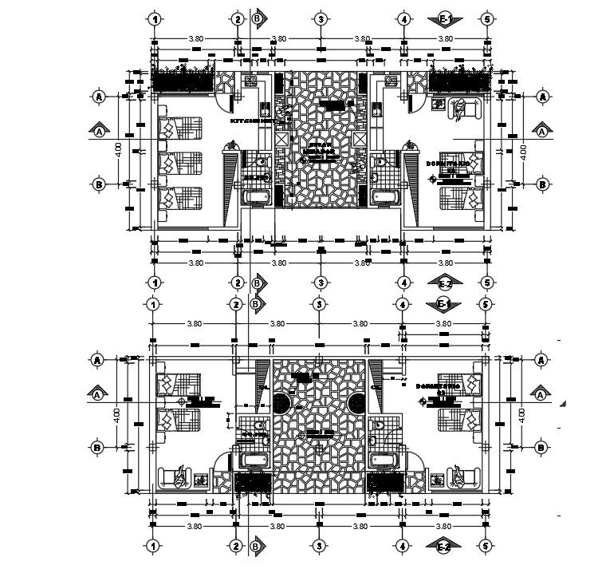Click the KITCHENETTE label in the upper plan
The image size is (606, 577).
(x=249, y=121)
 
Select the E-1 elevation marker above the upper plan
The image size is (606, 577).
(x=445, y=18)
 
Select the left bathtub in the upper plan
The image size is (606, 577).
(x=256, y=196)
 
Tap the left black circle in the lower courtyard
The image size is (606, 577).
(x=283, y=401)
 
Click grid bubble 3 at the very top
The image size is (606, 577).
(x=320, y=18)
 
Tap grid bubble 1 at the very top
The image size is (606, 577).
(x=155, y=18)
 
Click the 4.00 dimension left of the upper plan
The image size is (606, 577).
(x=117, y=149)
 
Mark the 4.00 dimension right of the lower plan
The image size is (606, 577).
(x=522, y=414)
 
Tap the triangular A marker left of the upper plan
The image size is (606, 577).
(x=99, y=129)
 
